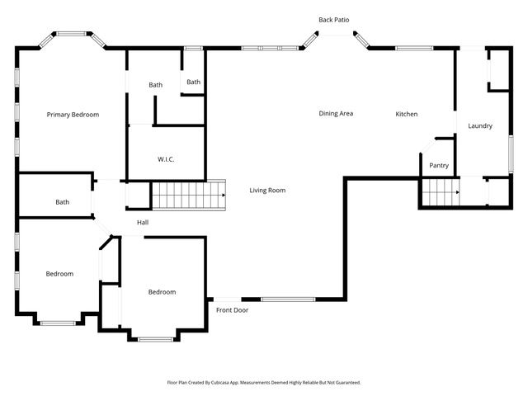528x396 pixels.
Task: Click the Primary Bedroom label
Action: pyautogui.click(x=73, y=115)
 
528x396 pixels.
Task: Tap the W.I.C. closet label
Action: pyautogui.click(x=166, y=159)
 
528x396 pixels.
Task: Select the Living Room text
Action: pyautogui.click(x=267, y=191)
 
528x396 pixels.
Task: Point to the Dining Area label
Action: pyautogui.click(x=336, y=114)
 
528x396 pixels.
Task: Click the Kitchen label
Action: pyautogui.click(x=406, y=114)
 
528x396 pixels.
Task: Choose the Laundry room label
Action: pyautogui.click(x=479, y=126)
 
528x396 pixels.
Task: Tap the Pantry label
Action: pyautogui.click(x=439, y=166)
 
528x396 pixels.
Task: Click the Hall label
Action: pyautogui.click(x=143, y=222)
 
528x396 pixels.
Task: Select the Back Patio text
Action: pyautogui.click(x=334, y=19)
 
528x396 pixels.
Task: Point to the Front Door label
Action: pyautogui.click(x=232, y=310)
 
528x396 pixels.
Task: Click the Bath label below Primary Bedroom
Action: pyautogui.click(x=63, y=202)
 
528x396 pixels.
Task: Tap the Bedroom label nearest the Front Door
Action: pyautogui.click(x=162, y=292)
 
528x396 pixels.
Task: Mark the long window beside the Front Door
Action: pyautogui.click(x=288, y=299)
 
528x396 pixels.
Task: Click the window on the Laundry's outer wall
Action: pyautogui.click(x=511, y=154)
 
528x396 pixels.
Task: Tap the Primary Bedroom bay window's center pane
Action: pyautogui.click(x=73, y=34)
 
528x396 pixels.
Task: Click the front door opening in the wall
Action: pyautogui.click(x=227, y=299)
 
